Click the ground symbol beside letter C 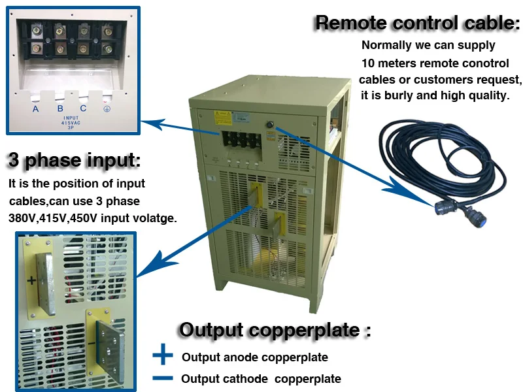click(107, 108)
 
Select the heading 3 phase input click(73, 160)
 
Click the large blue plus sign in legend click(162, 357)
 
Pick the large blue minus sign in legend click(162, 378)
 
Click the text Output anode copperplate click(254, 357)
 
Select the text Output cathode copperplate click(261, 379)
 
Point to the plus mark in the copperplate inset click(30, 281)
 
